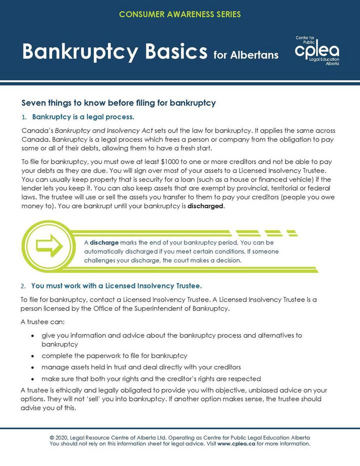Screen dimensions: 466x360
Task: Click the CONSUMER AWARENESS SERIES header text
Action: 180,14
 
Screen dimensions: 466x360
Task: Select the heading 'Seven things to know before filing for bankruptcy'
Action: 118,103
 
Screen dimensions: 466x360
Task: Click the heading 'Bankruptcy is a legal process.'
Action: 83,118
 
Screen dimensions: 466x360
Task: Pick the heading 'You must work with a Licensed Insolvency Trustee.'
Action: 116,286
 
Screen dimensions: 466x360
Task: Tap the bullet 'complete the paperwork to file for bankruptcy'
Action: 114,356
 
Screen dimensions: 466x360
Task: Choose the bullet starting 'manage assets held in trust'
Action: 141,367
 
